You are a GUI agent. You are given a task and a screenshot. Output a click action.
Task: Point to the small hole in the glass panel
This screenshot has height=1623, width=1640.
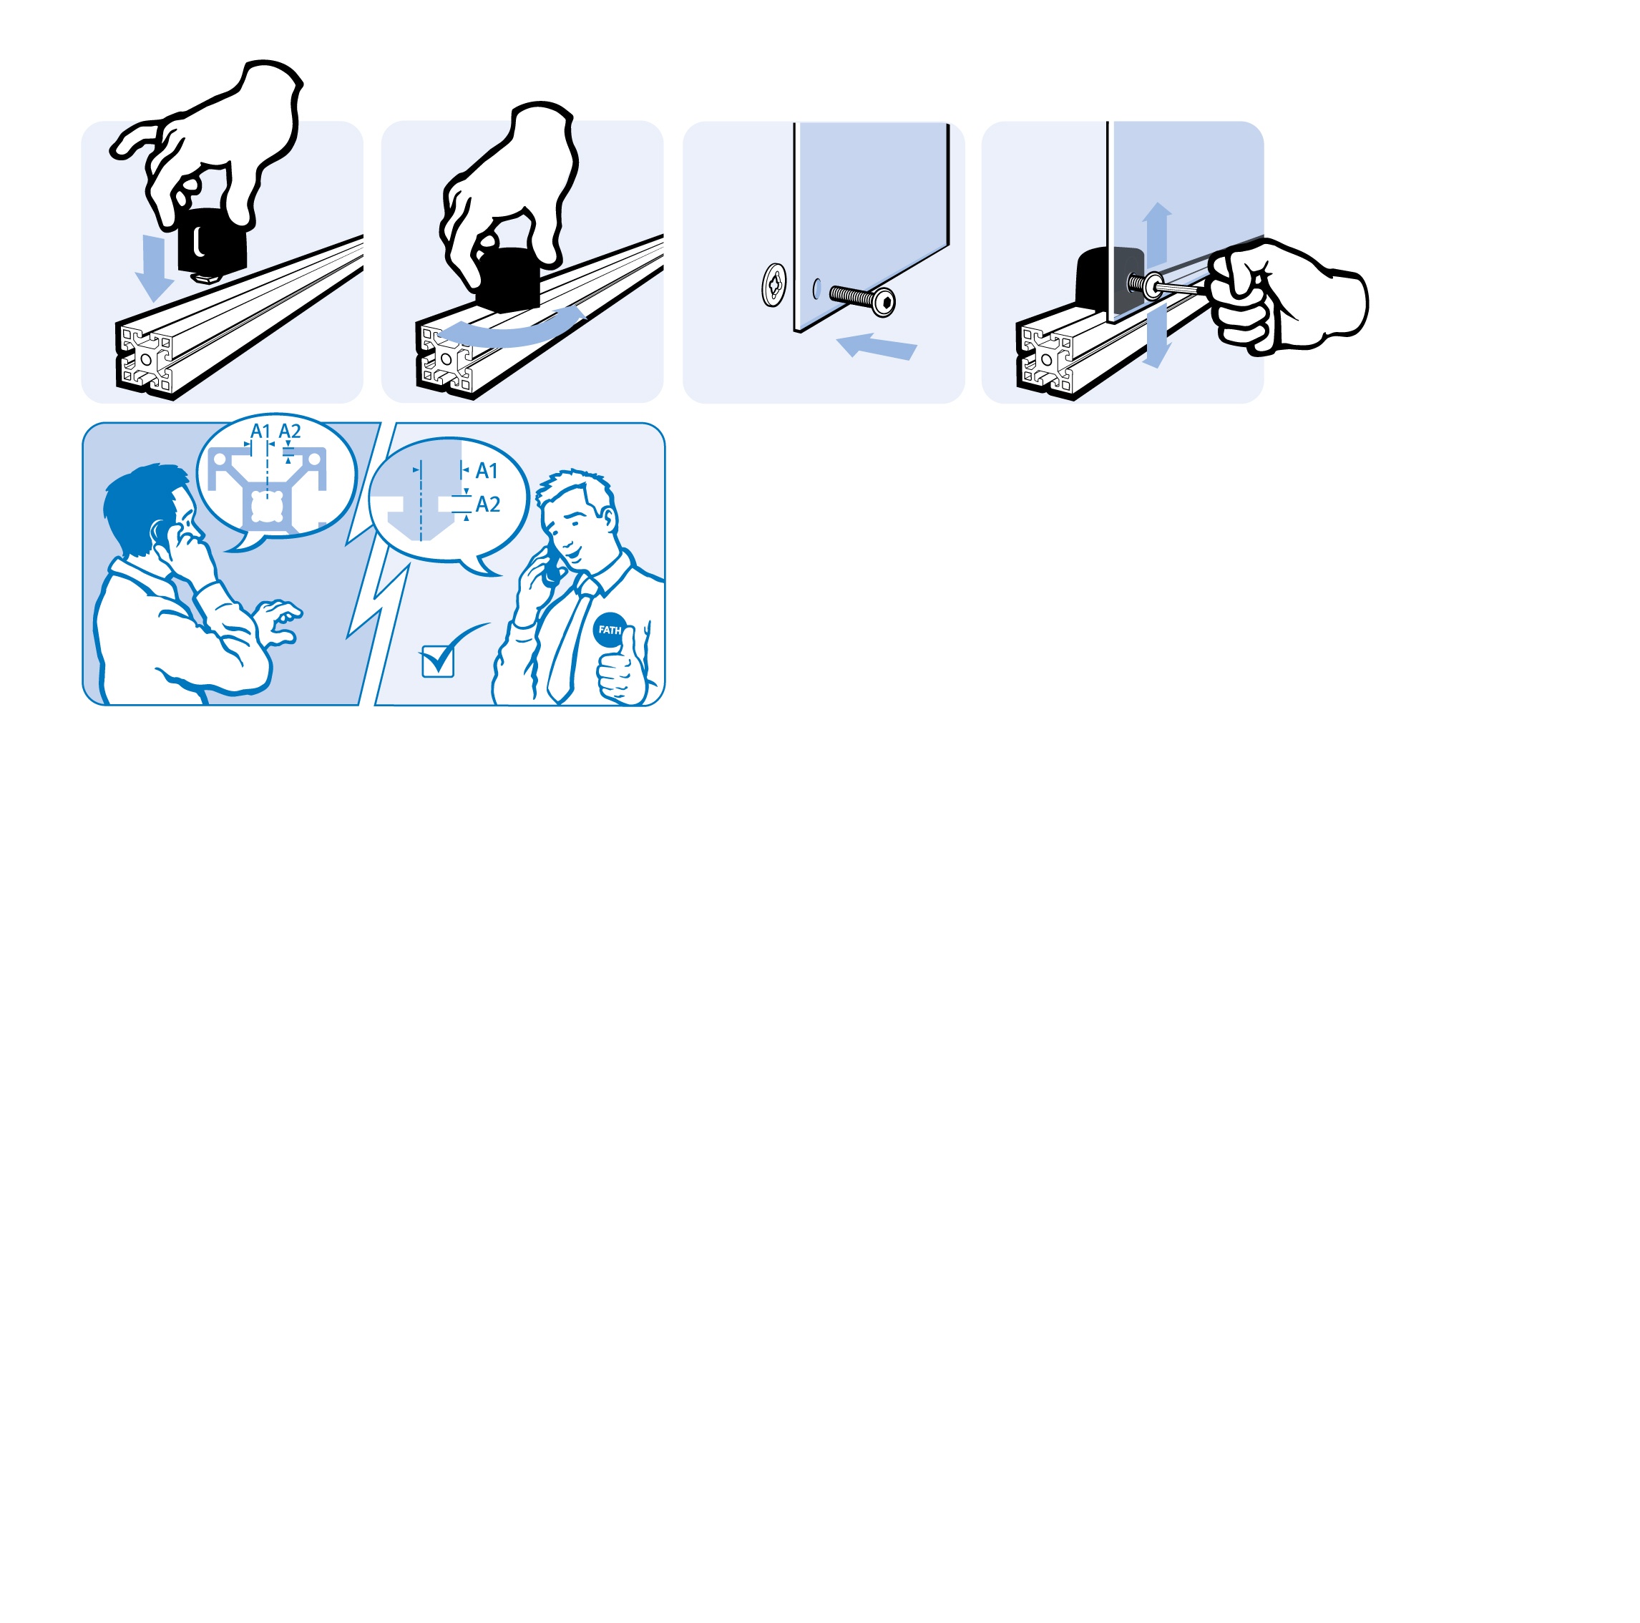816,288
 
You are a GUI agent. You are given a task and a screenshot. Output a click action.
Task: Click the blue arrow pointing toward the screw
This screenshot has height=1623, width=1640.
876,346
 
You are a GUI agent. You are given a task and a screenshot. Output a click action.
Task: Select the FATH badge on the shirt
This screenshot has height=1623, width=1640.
610,630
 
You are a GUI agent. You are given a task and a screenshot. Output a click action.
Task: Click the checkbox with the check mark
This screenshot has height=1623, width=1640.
438,661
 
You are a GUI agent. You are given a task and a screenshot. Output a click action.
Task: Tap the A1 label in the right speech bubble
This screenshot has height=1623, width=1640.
487,471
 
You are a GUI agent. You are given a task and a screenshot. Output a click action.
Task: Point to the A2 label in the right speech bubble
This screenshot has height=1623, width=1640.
488,505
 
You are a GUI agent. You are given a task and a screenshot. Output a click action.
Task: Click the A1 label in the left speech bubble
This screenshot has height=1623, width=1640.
260,432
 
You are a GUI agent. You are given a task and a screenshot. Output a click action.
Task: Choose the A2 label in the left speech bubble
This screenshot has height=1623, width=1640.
290,432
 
